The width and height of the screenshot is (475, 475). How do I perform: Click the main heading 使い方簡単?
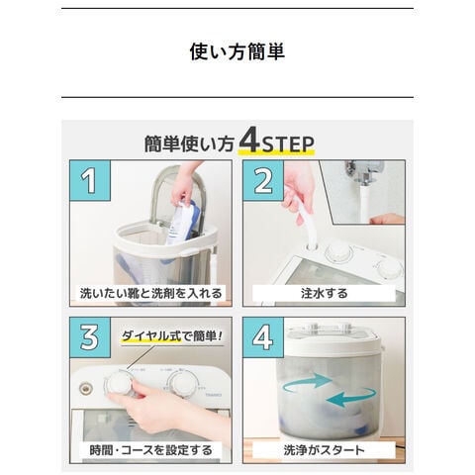pos(237,51)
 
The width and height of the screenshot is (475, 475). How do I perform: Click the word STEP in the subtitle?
pos(288,144)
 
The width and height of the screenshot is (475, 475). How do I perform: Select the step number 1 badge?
pos(90,180)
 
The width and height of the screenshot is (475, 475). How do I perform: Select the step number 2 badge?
pos(263,180)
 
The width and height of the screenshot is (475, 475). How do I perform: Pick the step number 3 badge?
pos(90,337)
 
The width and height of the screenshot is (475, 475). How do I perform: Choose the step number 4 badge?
pos(263,337)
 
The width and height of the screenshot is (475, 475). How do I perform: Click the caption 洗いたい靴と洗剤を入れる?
pos(150,293)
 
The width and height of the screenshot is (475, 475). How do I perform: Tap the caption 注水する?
pos(324,293)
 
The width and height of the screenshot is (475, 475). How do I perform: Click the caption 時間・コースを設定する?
pos(150,450)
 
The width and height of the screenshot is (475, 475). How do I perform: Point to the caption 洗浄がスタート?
pos(324,450)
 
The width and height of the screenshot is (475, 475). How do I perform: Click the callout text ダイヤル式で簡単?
pos(172,335)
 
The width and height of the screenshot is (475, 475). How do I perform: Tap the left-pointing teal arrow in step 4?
pos(350,398)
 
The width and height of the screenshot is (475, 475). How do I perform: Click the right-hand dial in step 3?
pos(182,383)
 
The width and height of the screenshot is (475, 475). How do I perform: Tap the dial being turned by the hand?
pos(118,384)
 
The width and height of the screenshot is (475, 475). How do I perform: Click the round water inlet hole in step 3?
pos(86,388)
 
